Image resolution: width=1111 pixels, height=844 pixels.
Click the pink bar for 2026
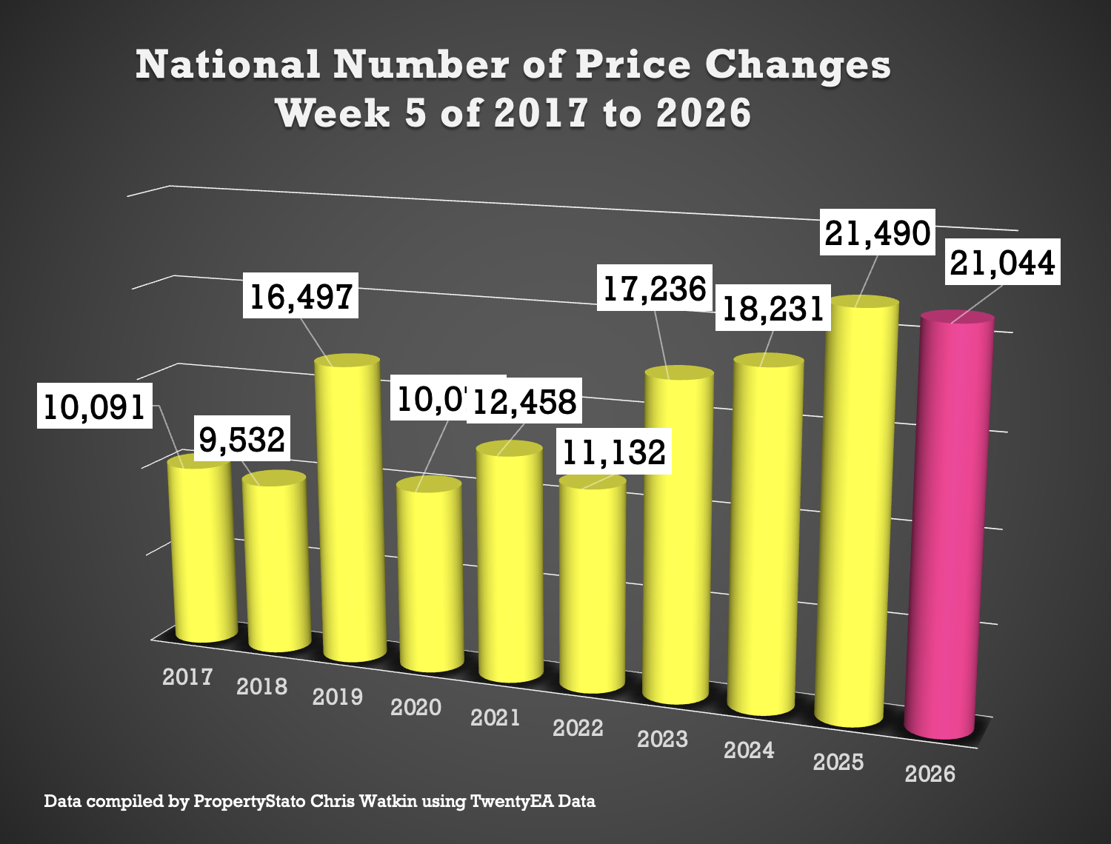click(x=952, y=526)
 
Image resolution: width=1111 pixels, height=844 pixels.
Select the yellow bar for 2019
click(x=350, y=511)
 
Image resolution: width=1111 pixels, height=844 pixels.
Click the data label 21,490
click(x=878, y=233)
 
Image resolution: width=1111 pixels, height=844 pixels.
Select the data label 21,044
click(x=1003, y=263)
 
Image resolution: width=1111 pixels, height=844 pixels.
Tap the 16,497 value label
click(x=301, y=296)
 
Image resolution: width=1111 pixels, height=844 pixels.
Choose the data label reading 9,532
click(x=242, y=439)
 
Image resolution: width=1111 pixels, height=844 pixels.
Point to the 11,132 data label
click(x=614, y=452)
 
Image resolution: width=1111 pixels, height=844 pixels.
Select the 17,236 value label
click(x=655, y=288)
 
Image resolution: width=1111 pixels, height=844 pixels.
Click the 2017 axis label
click(x=187, y=677)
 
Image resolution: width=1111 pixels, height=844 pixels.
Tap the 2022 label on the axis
click(x=578, y=728)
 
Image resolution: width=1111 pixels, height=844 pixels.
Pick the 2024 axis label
click(x=749, y=750)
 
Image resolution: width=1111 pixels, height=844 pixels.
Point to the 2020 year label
click(x=416, y=707)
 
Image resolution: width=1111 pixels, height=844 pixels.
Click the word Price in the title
click(x=633, y=65)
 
